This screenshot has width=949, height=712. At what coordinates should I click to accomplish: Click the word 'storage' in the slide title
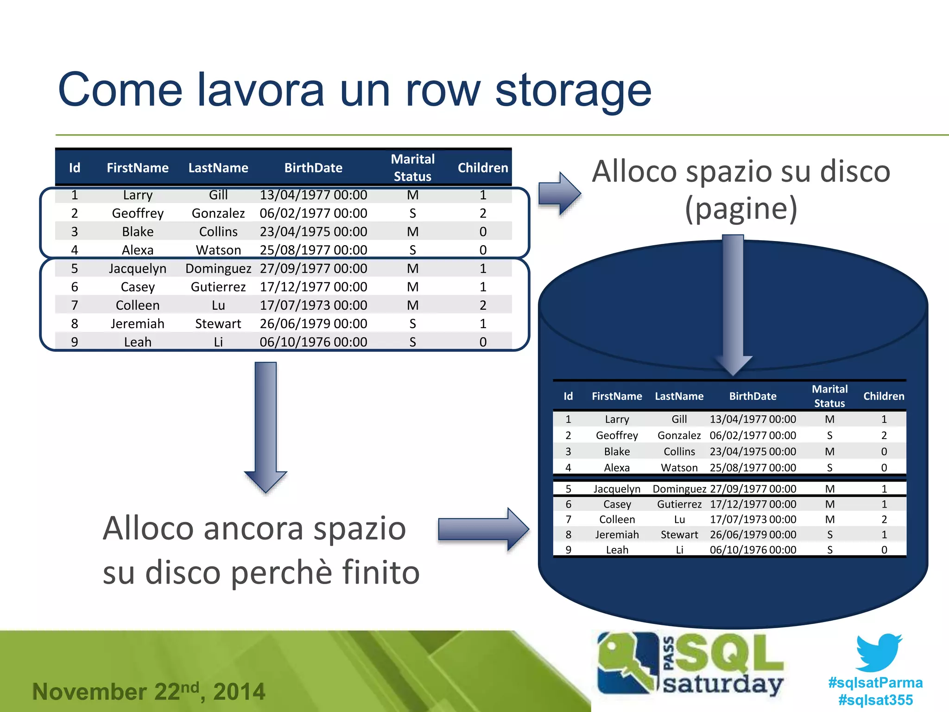(573, 91)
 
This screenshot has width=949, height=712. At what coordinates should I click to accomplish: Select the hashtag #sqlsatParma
(875, 682)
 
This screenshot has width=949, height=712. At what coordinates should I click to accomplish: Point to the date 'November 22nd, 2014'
(148, 691)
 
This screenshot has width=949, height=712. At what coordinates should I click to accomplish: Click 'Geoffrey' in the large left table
(138, 213)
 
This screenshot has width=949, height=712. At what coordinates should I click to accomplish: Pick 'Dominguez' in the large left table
(218, 268)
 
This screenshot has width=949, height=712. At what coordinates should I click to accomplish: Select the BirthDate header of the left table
(313, 168)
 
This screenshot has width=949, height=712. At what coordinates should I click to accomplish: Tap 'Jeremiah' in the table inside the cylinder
(617, 534)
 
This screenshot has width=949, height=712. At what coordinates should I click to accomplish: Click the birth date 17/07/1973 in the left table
(313, 305)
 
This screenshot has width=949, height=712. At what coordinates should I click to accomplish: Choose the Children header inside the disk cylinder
(884, 396)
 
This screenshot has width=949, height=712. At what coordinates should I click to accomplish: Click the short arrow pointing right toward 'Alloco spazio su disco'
(559, 193)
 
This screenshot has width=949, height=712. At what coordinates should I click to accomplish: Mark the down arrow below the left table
(266, 426)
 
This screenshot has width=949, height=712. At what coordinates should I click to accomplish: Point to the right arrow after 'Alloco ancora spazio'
(483, 529)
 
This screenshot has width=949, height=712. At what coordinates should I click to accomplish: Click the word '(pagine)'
(741, 208)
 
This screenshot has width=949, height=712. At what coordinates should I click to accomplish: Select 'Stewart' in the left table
(218, 324)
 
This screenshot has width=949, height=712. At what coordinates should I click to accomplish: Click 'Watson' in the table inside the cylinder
(679, 468)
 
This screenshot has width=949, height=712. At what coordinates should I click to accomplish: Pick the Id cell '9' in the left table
(75, 342)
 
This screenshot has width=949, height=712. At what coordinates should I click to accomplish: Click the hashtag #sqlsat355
(875, 700)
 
